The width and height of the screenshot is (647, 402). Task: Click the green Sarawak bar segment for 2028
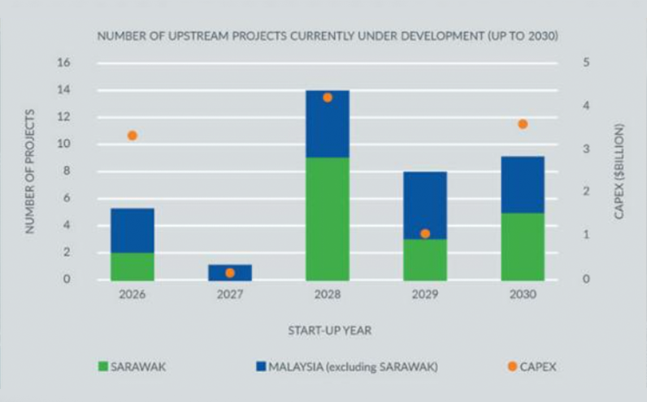(328, 219)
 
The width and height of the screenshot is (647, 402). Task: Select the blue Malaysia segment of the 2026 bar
(132, 231)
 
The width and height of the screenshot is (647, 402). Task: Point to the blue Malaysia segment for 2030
(523, 185)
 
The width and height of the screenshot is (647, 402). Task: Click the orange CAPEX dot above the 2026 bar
(132, 136)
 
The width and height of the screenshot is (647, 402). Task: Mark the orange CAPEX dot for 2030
(523, 124)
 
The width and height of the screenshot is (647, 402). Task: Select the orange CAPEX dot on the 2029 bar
(425, 234)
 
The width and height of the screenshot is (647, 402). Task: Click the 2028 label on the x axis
(328, 294)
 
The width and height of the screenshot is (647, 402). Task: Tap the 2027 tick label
(230, 294)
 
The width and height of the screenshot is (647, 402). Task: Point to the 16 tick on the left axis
(65, 63)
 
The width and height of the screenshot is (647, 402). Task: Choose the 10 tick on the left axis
(65, 145)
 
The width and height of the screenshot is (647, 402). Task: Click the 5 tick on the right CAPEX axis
(586, 63)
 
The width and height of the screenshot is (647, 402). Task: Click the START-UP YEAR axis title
(328, 331)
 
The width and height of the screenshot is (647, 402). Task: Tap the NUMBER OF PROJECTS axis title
(30, 171)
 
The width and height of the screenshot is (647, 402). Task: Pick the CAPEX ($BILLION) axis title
(619, 171)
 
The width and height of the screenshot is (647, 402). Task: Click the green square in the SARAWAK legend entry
(103, 367)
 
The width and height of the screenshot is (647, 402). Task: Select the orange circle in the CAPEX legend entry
(512, 367)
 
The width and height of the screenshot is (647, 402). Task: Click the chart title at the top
(328, 37)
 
